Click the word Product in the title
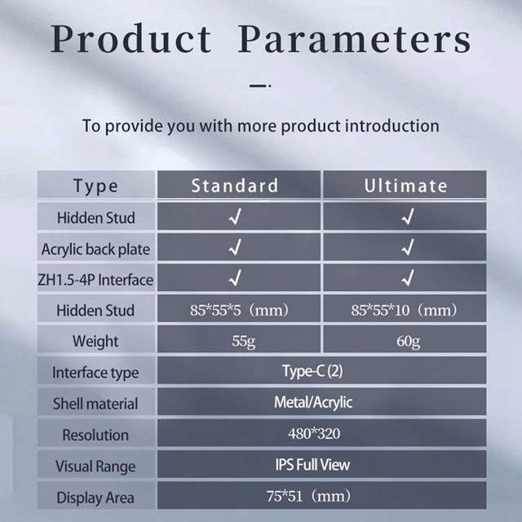130,38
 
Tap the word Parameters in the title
354,38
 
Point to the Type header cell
96,186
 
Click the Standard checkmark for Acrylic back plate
235,247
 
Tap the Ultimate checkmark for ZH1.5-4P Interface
408,277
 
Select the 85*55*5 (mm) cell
239,310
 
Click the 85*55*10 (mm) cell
405,310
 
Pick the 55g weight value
244,341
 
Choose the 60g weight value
408,341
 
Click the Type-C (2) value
312,371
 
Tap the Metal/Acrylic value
313,402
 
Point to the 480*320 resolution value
314,433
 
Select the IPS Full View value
312,465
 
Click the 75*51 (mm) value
308,496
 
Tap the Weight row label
95,342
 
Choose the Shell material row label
95,404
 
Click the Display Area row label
95,498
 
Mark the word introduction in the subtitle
392,126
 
